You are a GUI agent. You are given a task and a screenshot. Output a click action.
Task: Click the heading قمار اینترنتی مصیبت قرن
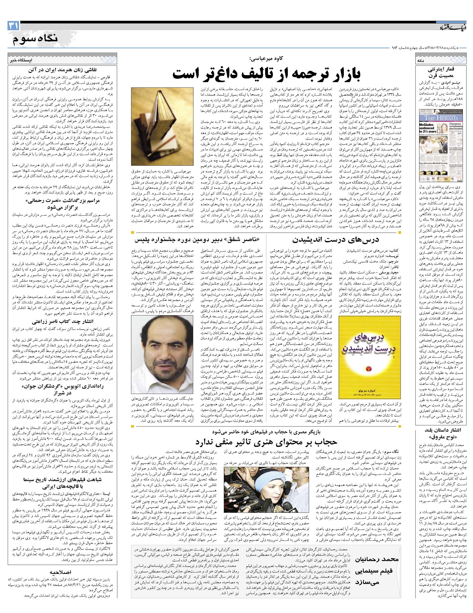click(x=440, y=72)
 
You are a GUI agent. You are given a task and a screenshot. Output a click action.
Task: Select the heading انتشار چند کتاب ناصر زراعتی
click(x=62, y=321)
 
